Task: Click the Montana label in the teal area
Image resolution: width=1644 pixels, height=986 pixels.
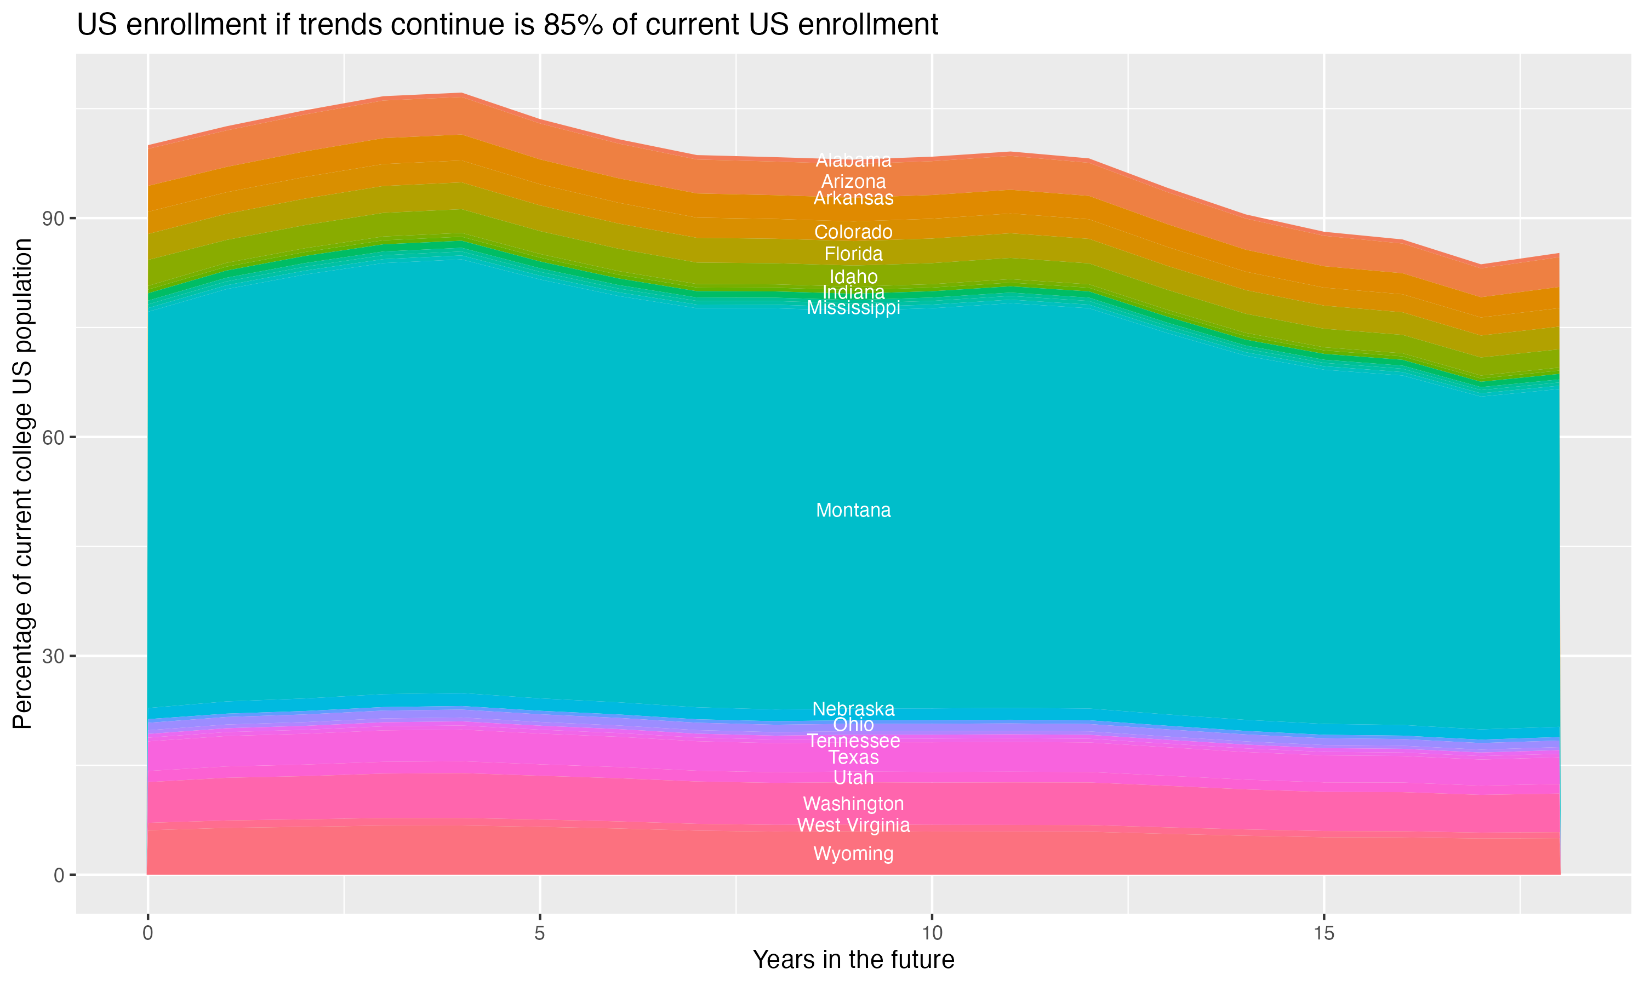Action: [x=853, y=511]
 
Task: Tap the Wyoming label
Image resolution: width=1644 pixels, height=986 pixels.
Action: [x=853, y=854]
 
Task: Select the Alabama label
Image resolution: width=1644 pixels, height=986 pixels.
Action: [x=853, y=160]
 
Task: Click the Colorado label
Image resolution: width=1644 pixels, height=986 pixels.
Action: [x=853, y=232]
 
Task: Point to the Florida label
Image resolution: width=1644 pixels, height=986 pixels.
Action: [x=853, y=254]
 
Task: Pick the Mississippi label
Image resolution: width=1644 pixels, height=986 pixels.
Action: [x=853, y=308]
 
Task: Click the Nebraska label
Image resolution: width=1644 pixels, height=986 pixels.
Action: [x=853, y=709]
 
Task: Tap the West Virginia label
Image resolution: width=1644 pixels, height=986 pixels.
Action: [x=853, y=825]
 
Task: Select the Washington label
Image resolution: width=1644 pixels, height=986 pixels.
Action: [x=853, y=804]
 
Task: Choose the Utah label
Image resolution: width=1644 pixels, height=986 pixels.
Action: [x=853, y=777]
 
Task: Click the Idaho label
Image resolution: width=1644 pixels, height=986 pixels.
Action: [x=853, y=277]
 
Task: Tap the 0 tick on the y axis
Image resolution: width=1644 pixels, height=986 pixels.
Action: [x=60, y=875]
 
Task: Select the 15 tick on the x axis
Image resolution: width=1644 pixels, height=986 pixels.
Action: [x=1324, y=933]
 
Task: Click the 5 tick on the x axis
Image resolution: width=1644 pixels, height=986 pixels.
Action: [x=540, y=933]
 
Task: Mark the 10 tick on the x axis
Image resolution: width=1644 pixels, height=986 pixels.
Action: [x=932, y=933]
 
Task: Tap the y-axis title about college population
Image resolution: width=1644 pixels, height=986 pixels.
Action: [x=22, y=483]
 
